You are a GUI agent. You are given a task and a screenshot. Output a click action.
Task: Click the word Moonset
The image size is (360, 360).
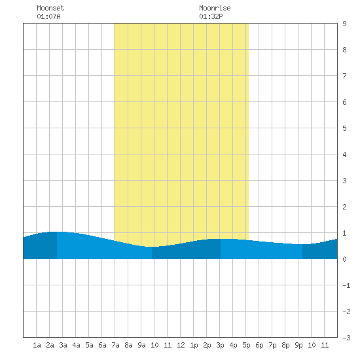coord(50,8)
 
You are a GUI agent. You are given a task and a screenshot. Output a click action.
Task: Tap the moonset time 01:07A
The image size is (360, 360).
coord(48,16)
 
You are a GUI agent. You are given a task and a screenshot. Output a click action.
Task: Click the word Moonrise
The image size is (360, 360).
coord(215,8)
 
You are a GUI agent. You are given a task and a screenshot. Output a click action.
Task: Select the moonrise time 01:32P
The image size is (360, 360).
coord(211,16)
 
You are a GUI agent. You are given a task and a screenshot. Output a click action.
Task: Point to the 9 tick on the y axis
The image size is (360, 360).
coord(344,24)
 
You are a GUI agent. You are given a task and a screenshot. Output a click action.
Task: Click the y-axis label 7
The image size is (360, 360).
coord(344,76)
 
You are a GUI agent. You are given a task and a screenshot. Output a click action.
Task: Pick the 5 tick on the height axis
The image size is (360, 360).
coord(344,128)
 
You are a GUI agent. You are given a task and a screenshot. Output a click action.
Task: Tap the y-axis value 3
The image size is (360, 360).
coord(344,181)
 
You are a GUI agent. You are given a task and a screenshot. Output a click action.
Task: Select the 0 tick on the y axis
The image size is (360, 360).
coord(344,259)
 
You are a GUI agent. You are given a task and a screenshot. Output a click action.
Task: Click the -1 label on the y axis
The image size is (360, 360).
coord(346,285)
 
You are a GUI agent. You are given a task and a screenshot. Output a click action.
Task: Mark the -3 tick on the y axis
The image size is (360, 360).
coord(346,338)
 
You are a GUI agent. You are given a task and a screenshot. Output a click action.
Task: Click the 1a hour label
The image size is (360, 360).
coord(37,345)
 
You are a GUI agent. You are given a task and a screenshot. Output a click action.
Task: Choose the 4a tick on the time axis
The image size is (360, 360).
coord(76,345)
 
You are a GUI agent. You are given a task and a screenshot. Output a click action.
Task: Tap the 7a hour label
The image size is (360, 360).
coord(115,345)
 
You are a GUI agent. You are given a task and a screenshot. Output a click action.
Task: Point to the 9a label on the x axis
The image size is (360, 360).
coord(141,345)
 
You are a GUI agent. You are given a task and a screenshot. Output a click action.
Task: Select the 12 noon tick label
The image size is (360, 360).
coord(181,345)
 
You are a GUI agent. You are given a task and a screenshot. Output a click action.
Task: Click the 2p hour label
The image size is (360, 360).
coord(207,345)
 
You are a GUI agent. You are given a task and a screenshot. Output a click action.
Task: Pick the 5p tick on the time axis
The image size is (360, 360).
coord(246,345)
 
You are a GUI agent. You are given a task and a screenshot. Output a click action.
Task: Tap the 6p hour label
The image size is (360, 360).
coord(259,345)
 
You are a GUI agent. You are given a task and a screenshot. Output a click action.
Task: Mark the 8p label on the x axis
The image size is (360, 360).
coord(285,345)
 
